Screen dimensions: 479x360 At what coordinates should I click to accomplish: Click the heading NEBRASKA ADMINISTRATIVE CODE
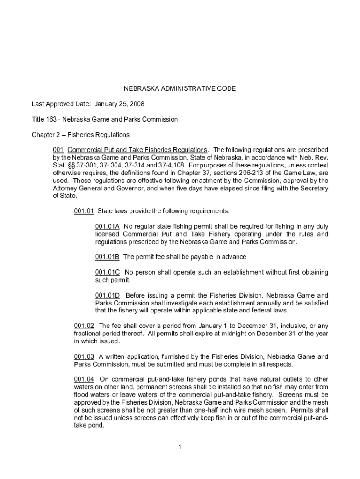pyautogui.click(x=180, y=88)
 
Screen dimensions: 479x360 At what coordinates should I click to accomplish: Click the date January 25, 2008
pyautogui.click(x=115, y=104)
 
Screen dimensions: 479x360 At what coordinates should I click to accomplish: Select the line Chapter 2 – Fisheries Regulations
pyautogui.click(x=80, y=135)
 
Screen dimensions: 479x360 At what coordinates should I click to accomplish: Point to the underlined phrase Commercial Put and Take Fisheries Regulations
pyautogui.click(x=137, y=150)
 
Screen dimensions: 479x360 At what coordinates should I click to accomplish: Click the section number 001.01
pyautogui.click(x=84, y=211)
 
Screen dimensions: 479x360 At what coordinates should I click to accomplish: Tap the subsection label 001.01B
pyautogui.click(x=108, y=257)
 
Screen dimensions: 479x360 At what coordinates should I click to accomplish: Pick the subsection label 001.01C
pyautogui.click(x=108, y=272)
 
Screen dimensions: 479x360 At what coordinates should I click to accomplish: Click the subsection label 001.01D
pyautogui.click(x=108, y=295)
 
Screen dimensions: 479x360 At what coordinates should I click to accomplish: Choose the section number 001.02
pyautogui.click(x=84, y=326)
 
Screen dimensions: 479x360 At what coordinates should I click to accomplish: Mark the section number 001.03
pyautogui.click(x=84, y=356)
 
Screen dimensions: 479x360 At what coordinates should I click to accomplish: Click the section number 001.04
pyautogui.click(x=84, y=379)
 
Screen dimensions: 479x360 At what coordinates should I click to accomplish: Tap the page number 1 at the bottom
pyautogui.click(x=180, y=447)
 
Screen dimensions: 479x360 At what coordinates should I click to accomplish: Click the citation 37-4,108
pyautogui.click(x=173, y=165)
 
